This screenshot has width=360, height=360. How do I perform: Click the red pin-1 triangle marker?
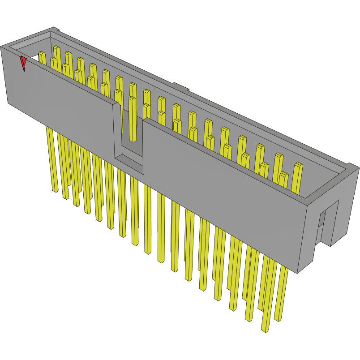[x=23, y=63]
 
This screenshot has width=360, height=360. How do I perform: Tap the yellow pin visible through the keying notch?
[x=132, y=119]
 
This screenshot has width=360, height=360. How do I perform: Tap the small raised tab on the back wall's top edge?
[x=179, y=86]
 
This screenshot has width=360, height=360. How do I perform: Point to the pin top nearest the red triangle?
[x=42, y=54]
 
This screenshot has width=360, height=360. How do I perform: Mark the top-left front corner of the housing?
[x=2, y=47]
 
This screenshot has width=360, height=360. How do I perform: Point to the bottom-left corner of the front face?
[x=8, y=103]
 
